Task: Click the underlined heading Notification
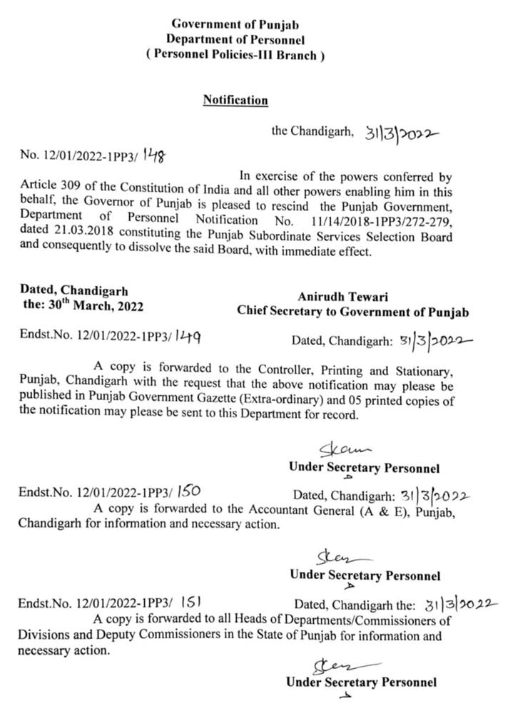(x=235, y=101)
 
